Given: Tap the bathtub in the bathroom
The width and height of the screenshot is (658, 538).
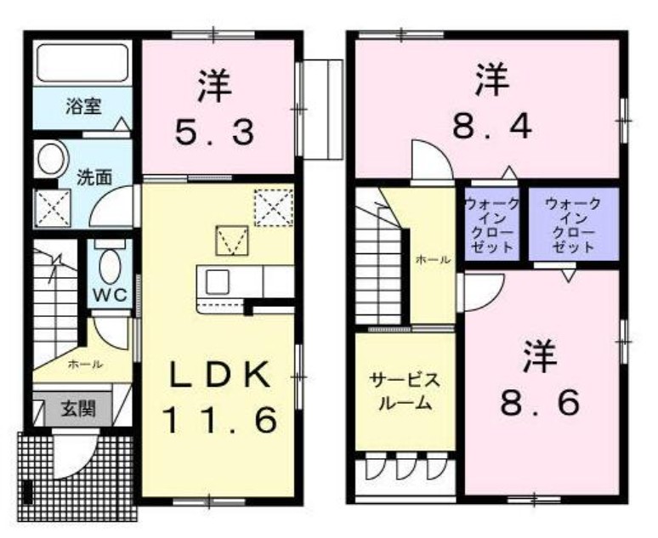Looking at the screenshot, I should click(82, 64).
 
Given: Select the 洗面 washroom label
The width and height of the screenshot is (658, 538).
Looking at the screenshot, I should click(94, 178).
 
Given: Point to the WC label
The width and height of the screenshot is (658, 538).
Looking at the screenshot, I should click(109, 295).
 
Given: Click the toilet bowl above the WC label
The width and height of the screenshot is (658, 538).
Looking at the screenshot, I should click(109, 266).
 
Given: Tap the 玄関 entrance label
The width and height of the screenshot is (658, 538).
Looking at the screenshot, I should click(77, 410).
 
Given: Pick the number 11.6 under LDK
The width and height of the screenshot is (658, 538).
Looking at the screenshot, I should click(219, 419).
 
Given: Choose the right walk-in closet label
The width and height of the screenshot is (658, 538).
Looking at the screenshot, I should click(572, 225).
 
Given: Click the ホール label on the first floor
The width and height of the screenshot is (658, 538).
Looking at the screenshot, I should click(85, 365).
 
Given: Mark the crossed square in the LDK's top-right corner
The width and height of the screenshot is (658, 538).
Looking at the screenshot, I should click(274, 207).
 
